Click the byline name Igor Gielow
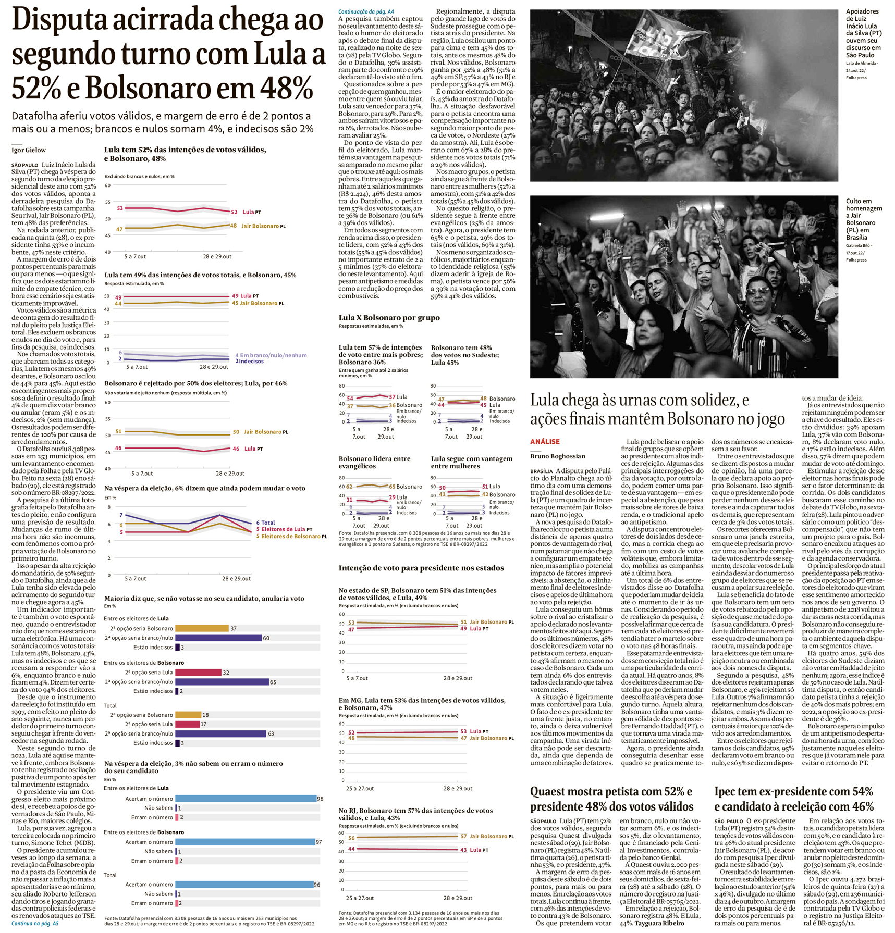[29, 150]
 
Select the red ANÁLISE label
[545, 441]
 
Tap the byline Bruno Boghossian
[558, 456]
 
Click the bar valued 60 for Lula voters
[218, 638]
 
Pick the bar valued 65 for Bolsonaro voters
[222, 681]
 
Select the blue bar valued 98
[246, 798]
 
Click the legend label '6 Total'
[265, 522]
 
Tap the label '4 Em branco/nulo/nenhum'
[271, 355]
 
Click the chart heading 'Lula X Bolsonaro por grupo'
[389, 318]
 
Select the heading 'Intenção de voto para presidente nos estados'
[421, 568]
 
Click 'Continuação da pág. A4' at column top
[366, 11]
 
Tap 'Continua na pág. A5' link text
[35, 923]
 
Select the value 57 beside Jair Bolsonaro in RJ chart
[463, 836]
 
